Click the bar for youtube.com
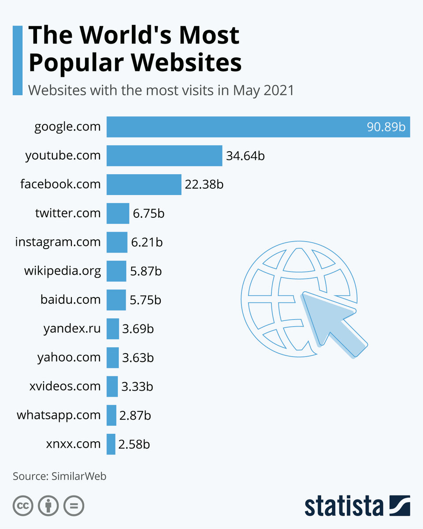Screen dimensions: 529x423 [164, 156]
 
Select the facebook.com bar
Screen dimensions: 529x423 [144, 184]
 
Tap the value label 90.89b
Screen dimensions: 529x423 [386, 127]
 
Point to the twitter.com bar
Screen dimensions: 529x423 [118, 213]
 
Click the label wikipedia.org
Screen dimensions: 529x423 [62, 271]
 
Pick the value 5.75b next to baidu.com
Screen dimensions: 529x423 [145, 300]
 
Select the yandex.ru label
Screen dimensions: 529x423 [72, 328]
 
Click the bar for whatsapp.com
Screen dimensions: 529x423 [111, 415]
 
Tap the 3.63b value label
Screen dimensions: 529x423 [138, 358]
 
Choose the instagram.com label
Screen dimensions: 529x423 [58, 242]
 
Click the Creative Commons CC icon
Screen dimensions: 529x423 [23, 506]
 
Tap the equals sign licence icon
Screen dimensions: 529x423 [74, 506]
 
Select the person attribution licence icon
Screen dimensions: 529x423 [48, 506]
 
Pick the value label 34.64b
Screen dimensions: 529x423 [245, 156]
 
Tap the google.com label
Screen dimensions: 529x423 [67, 127]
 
